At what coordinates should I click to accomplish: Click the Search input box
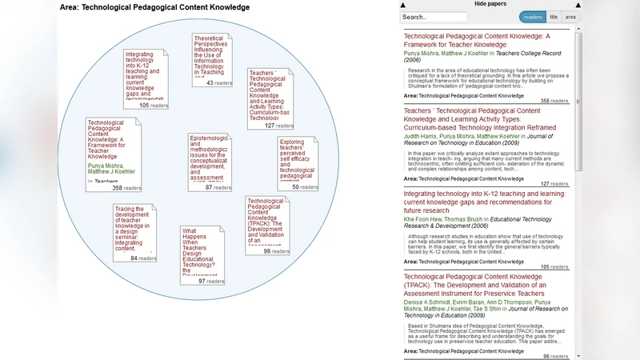coord(433,17)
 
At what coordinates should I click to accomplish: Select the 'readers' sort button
coord(532,17)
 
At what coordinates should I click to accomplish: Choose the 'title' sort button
coord(554,17)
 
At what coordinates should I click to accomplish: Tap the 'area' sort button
coord(570,17)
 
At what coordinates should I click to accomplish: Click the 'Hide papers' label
coord(490,4)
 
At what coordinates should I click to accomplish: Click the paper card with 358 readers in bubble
coord(114,154)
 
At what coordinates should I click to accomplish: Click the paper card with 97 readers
coord(203,255)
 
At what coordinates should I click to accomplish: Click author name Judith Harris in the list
coord(424,137)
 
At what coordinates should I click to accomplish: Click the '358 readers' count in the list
coord(555,101)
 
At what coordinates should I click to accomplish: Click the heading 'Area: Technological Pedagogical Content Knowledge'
coord(154,7)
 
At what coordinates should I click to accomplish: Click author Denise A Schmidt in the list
coord(431,303)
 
